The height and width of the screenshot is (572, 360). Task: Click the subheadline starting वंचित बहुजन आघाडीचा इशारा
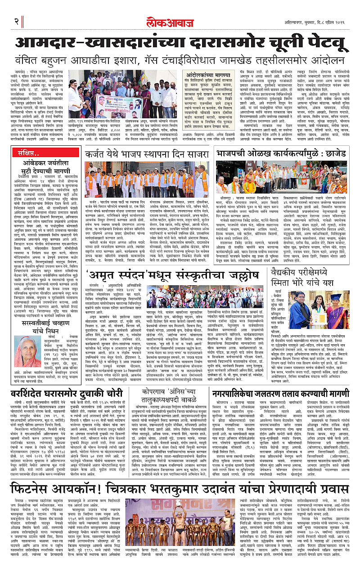(180, 61)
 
